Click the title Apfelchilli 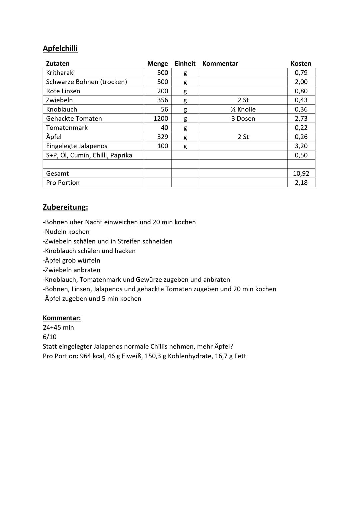pos(60,48)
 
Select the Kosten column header pos(301,63)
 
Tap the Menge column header pos(157,63)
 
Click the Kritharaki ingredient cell pos(60,73)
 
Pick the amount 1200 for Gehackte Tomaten pos(161,118)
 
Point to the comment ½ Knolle pos(243,109)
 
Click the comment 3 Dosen pos(243,118)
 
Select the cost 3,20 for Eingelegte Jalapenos pos(301,146)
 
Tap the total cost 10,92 pos(301,173)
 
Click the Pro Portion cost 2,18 pos(301,183)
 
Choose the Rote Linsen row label pos(63,91)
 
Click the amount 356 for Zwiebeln pos(163,100)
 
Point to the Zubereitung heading pos(65,207)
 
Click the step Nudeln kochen pos(66,232)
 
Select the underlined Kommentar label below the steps pos(62,318)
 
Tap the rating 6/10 pos(50,337)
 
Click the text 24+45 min pos(58,327)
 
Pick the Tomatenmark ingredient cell pos(67,128)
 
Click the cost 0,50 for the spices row pos(301,155)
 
